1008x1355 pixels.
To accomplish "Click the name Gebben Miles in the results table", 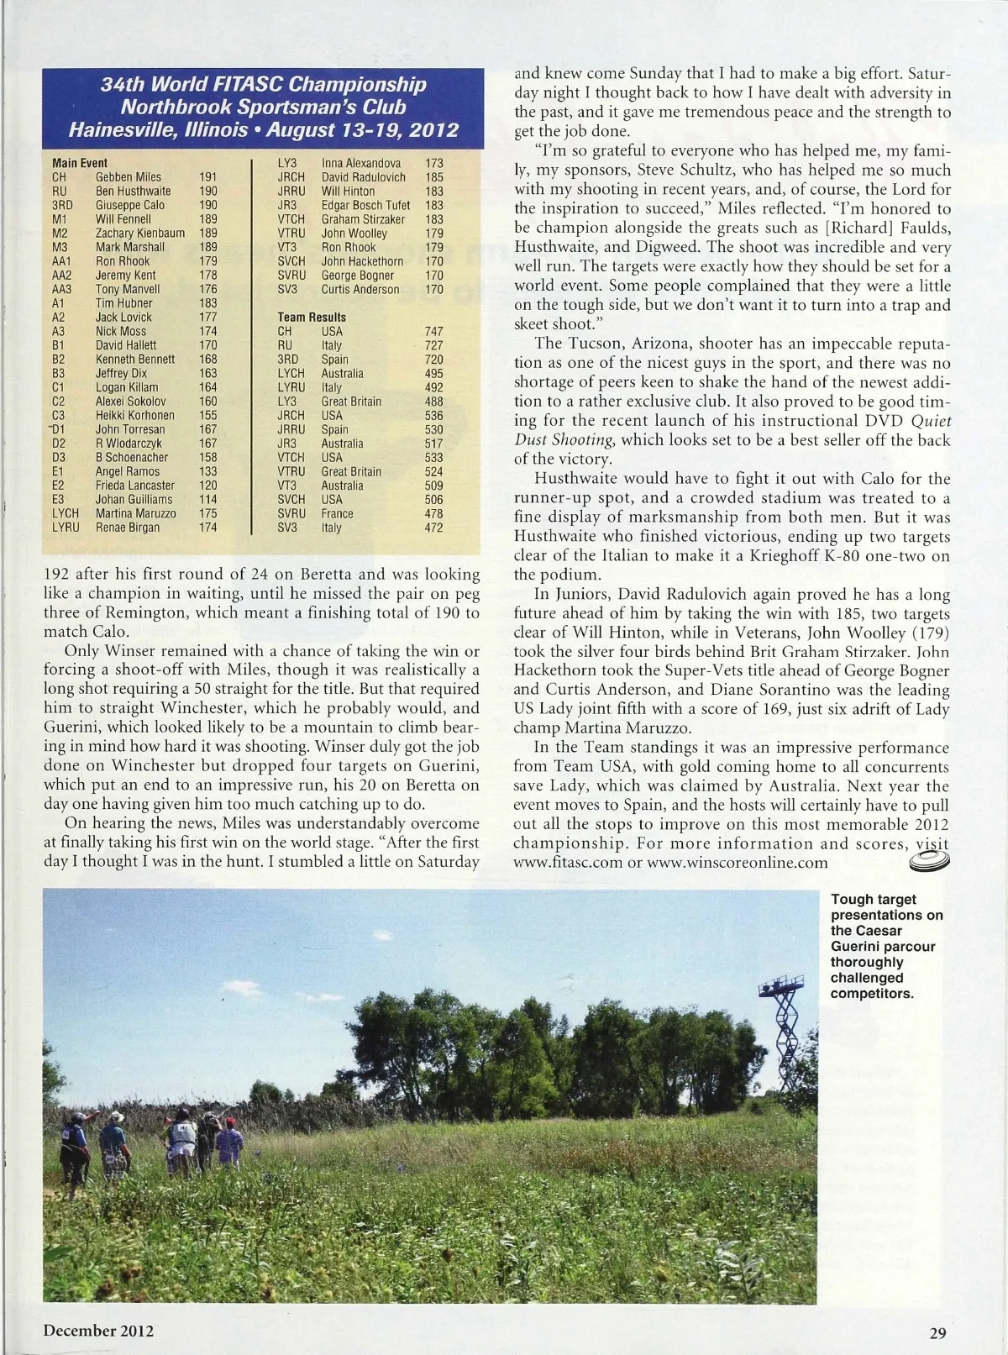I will (128, 177).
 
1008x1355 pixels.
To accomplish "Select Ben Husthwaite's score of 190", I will (207, 192).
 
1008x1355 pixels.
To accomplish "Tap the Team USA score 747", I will (433, 332).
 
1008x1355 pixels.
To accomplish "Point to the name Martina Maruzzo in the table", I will (135, 513).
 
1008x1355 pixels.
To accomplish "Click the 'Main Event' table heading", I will (80, 163).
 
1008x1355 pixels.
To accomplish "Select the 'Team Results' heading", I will (312, 318).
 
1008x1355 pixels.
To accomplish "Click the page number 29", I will (938, 1332).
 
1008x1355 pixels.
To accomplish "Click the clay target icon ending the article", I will (927, 859).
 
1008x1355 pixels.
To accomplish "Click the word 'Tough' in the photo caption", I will (850, 900).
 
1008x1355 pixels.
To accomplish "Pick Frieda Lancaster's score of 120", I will (207, 486).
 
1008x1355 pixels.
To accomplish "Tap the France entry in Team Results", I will (337, 514).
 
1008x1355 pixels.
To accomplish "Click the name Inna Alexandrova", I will (361, 163).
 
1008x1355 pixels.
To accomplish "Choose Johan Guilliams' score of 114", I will (207, 500).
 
